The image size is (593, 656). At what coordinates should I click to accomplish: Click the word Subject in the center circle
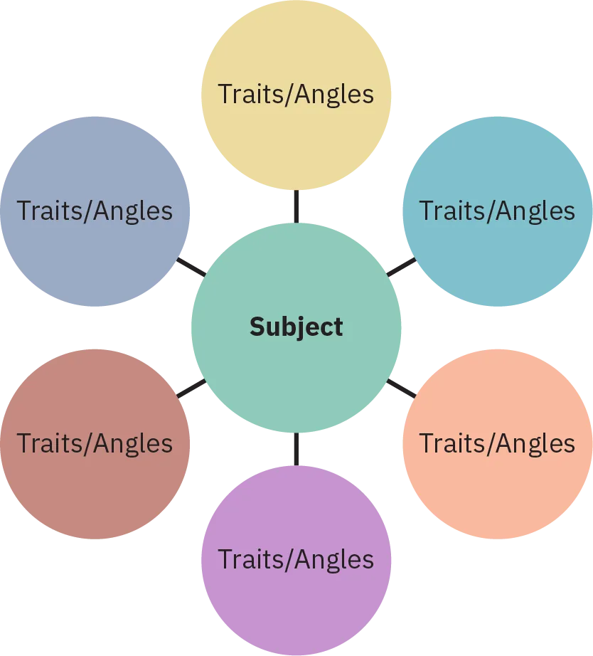(296, 327)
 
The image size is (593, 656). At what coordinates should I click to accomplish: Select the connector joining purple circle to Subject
(296, 448)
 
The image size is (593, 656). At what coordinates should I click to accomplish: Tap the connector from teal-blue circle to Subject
(402, 267)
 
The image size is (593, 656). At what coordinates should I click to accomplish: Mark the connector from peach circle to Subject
(402, 387)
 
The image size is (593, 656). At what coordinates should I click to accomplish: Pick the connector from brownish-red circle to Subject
(191, 388)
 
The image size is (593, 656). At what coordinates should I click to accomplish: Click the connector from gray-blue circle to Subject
(191, 268)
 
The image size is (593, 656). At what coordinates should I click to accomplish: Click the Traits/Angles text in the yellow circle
(296, 95)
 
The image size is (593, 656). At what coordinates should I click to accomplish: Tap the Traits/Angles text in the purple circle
(296, 560)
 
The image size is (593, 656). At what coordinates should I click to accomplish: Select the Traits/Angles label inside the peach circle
(497, 444)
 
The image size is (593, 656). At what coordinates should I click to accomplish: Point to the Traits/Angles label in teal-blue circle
(497, 211)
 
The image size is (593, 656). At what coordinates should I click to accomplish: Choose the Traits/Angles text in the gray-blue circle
(95, 211)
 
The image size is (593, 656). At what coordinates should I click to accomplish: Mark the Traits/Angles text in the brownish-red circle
(95, 444)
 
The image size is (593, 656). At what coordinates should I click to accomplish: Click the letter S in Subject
(257, 327)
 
